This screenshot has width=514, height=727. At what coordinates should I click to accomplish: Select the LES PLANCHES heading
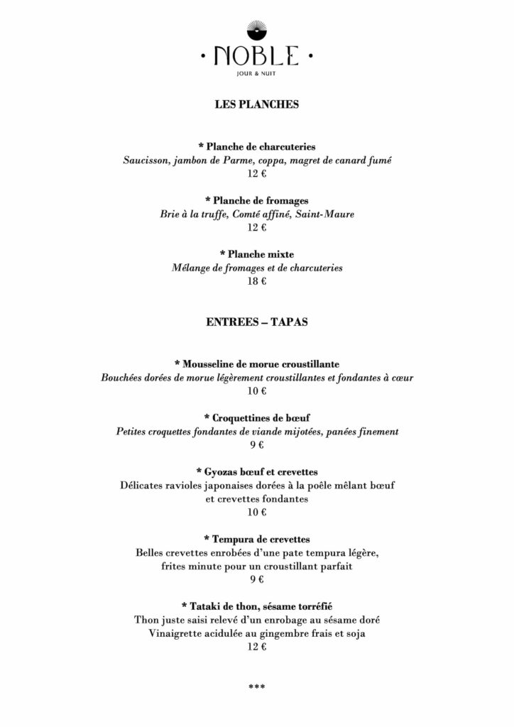coord(256,104)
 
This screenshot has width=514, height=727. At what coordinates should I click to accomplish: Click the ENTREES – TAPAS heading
coord(256,322)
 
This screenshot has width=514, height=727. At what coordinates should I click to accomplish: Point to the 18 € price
coord(257,282)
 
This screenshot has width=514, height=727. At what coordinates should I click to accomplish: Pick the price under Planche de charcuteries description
coord(257,174)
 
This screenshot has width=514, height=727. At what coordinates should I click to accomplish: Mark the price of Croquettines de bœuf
coord(257,445)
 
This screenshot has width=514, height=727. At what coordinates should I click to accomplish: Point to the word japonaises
coord(234,486)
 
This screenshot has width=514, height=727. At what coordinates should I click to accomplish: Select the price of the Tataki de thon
coord(257,647)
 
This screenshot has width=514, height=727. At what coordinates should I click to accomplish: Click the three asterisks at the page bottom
coord(256,687)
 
